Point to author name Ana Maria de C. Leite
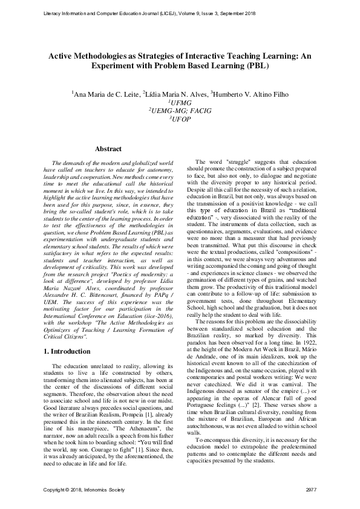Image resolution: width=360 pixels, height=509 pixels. [x=106, y=94]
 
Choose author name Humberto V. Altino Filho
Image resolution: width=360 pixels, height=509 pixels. [x=249, y=94]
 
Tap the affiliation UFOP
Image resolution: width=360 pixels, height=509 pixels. [x=180, y=119]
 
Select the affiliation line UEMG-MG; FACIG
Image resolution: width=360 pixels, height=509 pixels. [x=180, y=111]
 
